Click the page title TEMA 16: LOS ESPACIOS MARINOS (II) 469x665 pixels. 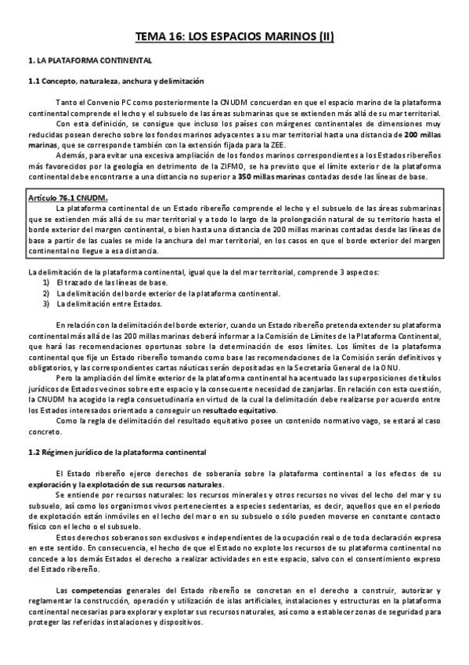(234, 37)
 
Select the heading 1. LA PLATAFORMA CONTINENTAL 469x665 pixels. (89, 61)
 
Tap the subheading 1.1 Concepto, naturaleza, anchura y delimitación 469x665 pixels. (116, 81)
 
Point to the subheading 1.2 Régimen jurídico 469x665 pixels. (117, 452)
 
